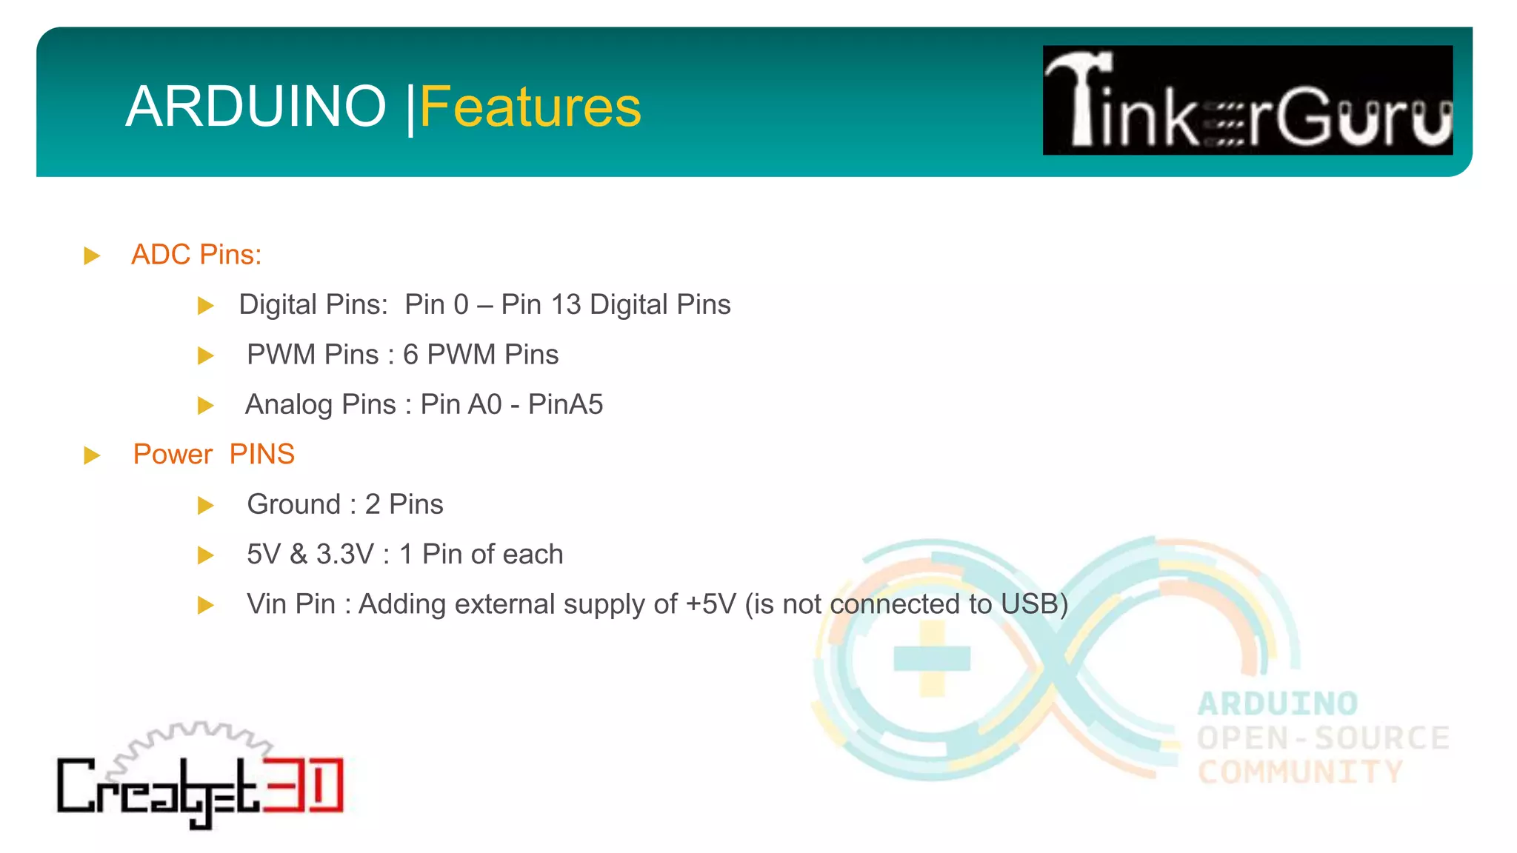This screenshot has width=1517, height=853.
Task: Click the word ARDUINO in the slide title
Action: click(256, 107)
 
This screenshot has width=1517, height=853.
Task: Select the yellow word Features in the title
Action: click(530, 107)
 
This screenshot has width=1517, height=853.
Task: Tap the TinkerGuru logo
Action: click(1247, 100)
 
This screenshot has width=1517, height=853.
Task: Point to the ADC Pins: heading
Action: click(196, 255)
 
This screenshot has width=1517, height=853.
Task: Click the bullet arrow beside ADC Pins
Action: click(92, 256)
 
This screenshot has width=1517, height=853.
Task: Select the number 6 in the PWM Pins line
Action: click(410, 355)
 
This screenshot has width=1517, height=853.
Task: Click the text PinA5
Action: click(565, 404)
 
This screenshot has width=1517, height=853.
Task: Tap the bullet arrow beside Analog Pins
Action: click(206, 406)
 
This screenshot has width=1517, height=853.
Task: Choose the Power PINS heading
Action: click(213, 454)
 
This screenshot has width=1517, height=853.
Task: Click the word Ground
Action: click(293, 504)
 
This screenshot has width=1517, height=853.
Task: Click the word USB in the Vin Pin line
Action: click(1029, 604)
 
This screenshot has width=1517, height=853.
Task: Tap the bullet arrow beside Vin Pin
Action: click(206, 606)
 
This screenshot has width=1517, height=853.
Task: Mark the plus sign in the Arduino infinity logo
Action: click(932, 658)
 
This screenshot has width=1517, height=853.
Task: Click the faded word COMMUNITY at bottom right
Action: click(1300, 772)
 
